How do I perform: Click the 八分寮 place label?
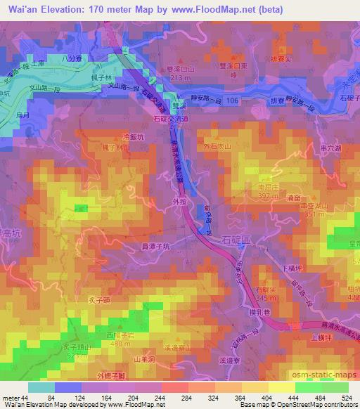point(72,58)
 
